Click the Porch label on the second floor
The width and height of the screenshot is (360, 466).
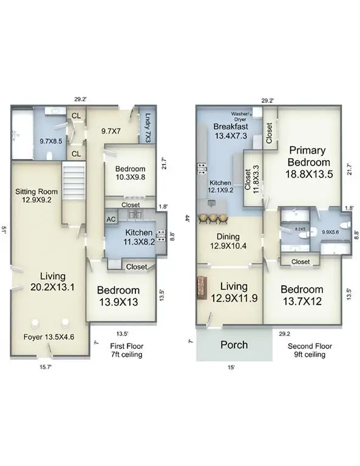tap(234, 345)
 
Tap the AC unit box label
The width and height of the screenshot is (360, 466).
tap(111, 220)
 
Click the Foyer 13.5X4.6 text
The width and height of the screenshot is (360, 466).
tap(49, 337)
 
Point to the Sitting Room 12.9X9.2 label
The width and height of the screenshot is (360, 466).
tap(36, 195)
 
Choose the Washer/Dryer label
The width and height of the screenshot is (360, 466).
tap(241, 116)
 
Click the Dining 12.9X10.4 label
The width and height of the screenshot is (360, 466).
tap(228, 241)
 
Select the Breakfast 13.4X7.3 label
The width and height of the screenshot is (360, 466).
tap(231, 131)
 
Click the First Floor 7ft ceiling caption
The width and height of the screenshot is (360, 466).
tap(127, 350)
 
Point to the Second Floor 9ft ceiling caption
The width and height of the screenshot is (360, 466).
tap(310, 350)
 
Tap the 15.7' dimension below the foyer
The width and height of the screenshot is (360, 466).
tap(46, 367)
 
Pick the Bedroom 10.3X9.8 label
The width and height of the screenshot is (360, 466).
tap(130, 173)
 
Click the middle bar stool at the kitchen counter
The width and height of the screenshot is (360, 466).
tap(212, 218)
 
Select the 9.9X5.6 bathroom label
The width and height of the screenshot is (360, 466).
tap(330, 232)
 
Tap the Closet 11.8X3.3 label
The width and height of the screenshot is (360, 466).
tap(251, 181)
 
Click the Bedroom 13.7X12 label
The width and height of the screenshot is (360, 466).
tap(302, 295)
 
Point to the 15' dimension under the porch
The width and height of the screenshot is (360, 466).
tap(231, 367)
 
